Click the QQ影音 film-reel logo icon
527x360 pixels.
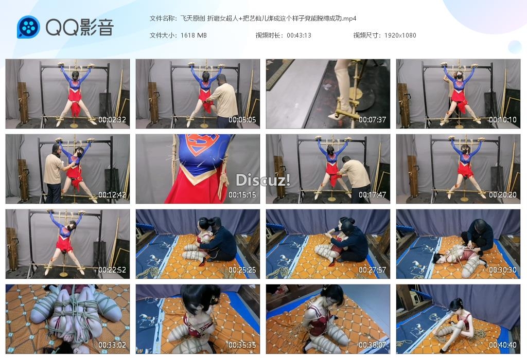[x=29, y=27]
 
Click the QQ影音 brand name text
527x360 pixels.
[x=80, y=27]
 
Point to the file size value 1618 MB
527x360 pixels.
[x=194, y=35]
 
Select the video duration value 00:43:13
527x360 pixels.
[x=299, y=35]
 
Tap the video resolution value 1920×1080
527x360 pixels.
[x=400, y=35]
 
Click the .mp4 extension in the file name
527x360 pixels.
[x=349, y=19]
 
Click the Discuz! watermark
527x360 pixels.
[x=263, y=181]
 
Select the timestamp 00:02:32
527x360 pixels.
[x=112, y=119]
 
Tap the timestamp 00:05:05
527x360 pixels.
[x=242, y=119]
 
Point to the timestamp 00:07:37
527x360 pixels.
[x=373, y=119]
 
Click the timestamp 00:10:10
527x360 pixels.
[x=503, y=119]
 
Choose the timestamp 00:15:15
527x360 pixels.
[x=242, y=195]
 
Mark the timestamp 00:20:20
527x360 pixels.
[x=503, y=195]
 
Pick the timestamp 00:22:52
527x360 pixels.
[x=112, y=270]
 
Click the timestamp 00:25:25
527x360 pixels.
[x=242, y=270]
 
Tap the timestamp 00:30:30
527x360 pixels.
[x=503, y=270]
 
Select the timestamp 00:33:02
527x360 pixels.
[x=112, y=345]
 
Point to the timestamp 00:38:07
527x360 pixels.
[x=373, y=345]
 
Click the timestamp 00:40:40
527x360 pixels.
[x=503, y=345]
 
